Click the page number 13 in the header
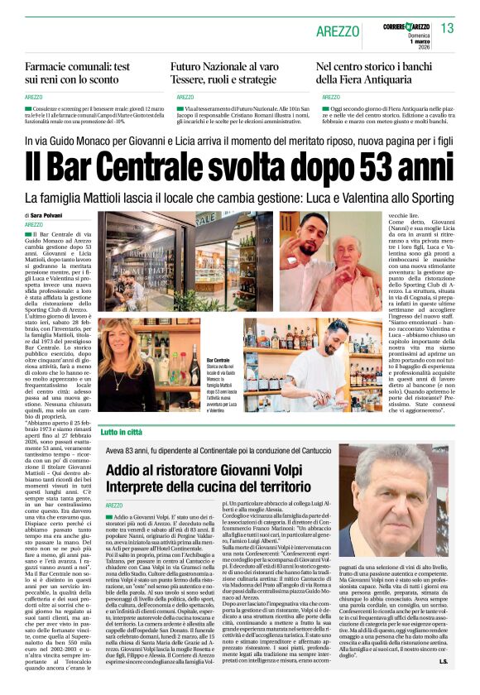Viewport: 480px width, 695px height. pyautogui.click(x=448, y=28)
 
